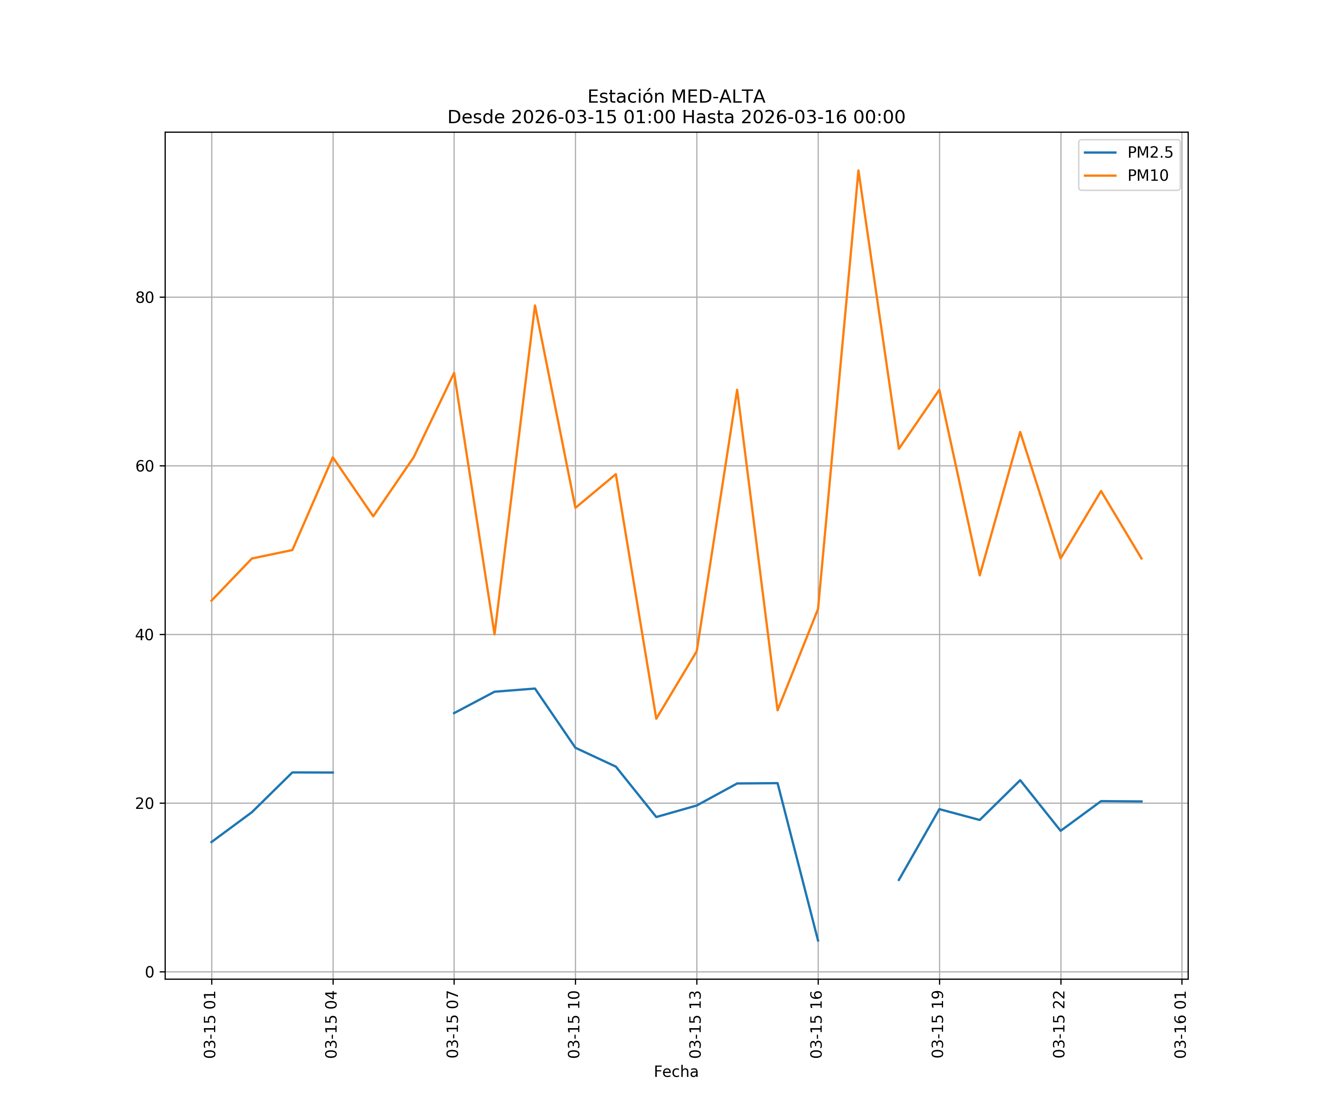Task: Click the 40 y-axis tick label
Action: pyautogui.click(x=144, y=634)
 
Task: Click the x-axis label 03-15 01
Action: pyautogui.click(x=210, y=1024)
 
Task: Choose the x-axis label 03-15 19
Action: pyautogui.click(x=938, y=1024)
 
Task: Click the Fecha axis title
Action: pyautogui.click(x=676, y=1072)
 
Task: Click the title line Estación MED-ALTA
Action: pyautogui.click(x=676, y=97)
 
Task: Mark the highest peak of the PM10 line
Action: pyautogui.click(x=858, y=170)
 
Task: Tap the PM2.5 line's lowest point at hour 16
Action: pyautogui.click(x=818, y=941)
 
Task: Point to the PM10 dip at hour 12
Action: pyautogui.click(x=656, y=718)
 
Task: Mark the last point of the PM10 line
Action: pyautogui.click(x=1141, y=559)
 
